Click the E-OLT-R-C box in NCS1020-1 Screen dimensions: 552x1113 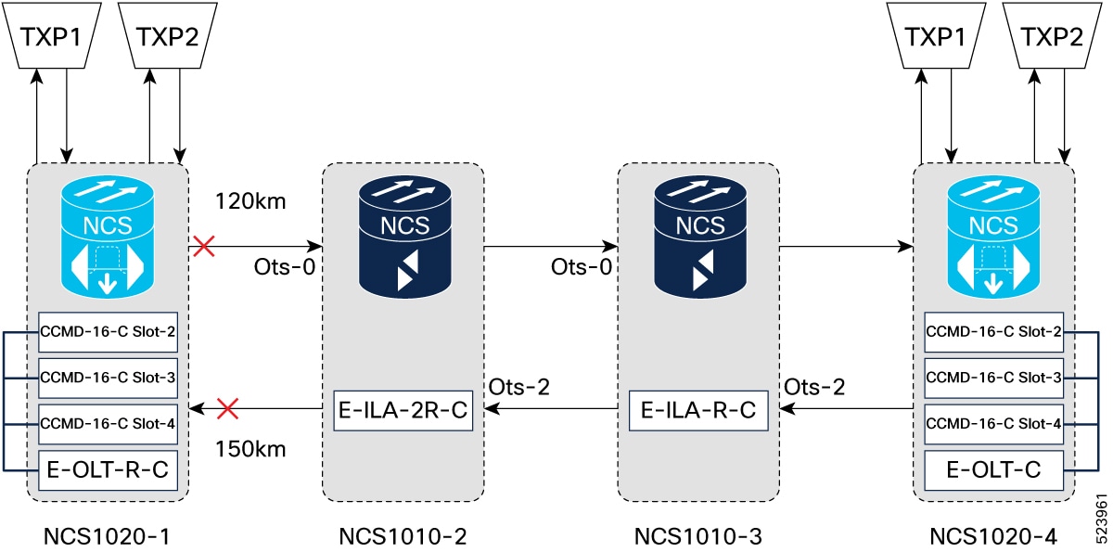pos(108,471)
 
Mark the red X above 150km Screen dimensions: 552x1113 pos(227,408)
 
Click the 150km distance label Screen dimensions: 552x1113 pos(249,450)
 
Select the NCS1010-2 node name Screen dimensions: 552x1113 pos(403,535)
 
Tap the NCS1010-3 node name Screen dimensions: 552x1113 pos(698,535)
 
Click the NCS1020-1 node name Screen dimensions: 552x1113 pos(108,535)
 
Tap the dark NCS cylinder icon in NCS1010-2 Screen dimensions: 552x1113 pos(403,232)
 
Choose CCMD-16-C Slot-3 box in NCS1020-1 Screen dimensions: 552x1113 pos(108,378)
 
